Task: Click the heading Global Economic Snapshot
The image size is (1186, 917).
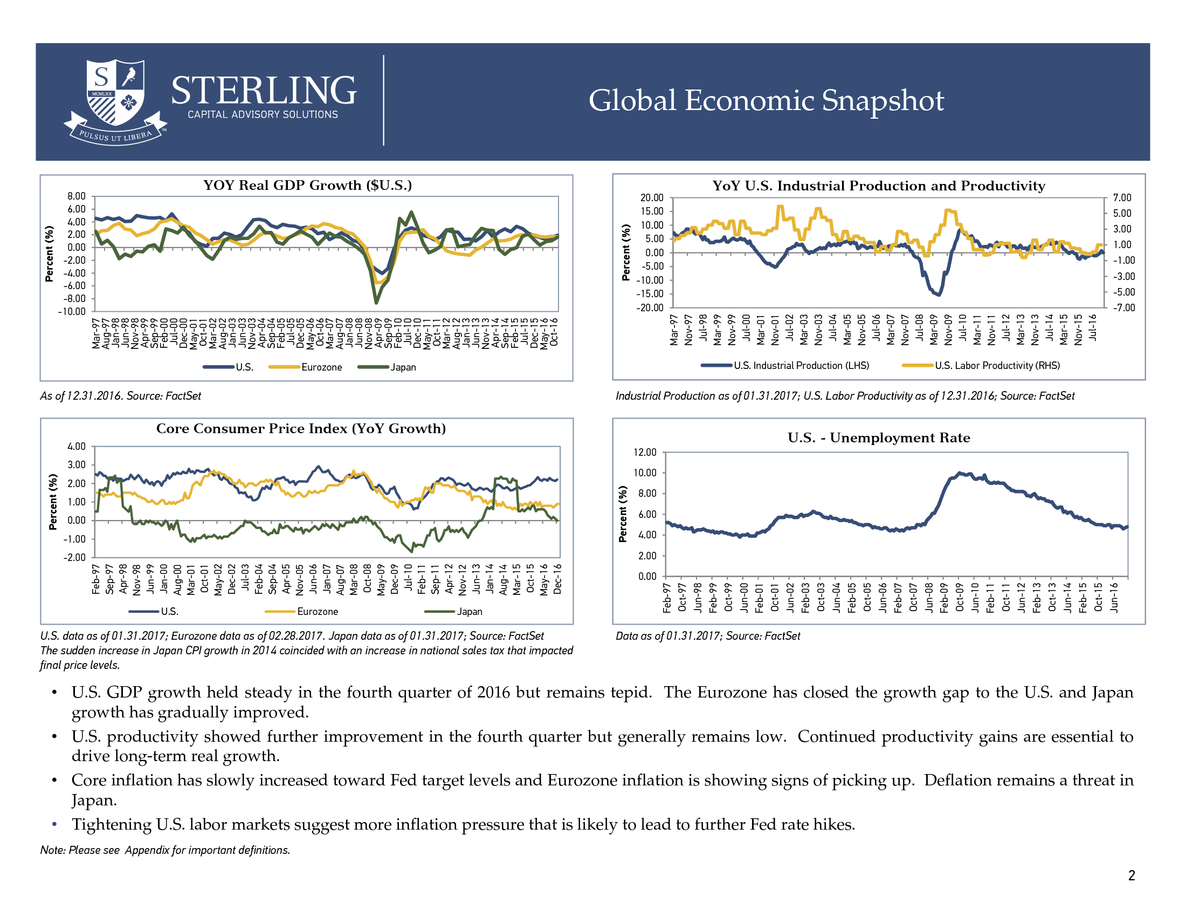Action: coord(766,100)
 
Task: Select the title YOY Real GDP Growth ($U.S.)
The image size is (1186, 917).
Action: coord(307,185)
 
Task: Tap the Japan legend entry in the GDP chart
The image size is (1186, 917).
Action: coord(387,367)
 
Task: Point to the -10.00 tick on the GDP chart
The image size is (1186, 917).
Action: coord(72,312)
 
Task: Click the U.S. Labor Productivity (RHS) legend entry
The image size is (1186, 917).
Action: coord(981,366)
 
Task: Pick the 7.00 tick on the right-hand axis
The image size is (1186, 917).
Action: coord(1122,198)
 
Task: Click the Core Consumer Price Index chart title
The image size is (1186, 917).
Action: coord(301,429)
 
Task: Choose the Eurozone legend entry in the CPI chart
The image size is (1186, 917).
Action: coord(301,612)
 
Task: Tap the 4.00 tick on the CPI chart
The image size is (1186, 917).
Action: coord(77,447)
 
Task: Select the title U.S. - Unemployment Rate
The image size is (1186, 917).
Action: coord(879,438)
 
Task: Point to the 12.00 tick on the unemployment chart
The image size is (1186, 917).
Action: coord(645,453)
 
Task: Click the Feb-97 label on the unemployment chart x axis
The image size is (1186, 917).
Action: coord(667,598)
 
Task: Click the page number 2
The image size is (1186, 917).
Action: coord(1132,875)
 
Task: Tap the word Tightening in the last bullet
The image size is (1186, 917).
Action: coord(112,825)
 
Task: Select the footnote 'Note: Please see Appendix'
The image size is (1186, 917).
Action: coord(165,850)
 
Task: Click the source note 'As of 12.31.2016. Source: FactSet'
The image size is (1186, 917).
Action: coord(121,396)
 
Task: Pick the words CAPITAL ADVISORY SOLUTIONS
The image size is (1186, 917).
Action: coord(263,114)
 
